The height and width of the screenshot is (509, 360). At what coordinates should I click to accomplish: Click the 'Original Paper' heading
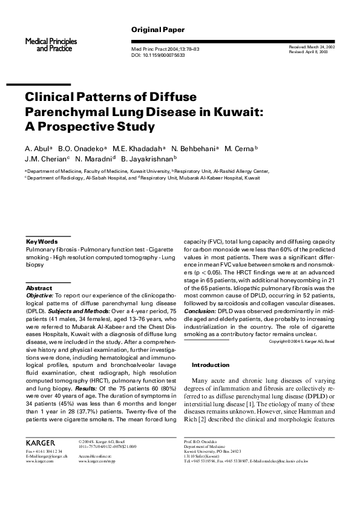click(158, 30)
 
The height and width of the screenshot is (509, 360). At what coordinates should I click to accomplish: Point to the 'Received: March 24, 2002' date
click(312, 47)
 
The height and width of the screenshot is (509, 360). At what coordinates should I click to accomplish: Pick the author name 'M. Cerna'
click(240, 148)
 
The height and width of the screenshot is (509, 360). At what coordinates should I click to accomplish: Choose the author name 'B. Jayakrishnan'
click(147, 159)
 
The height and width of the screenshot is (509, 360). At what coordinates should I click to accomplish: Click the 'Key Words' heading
click(42, 241)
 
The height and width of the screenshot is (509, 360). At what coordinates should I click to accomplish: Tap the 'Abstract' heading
click(39, 288)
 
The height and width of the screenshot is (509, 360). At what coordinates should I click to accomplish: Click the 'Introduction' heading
click(210, 365)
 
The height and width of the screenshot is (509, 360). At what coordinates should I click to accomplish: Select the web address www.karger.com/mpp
click(96, 461)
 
